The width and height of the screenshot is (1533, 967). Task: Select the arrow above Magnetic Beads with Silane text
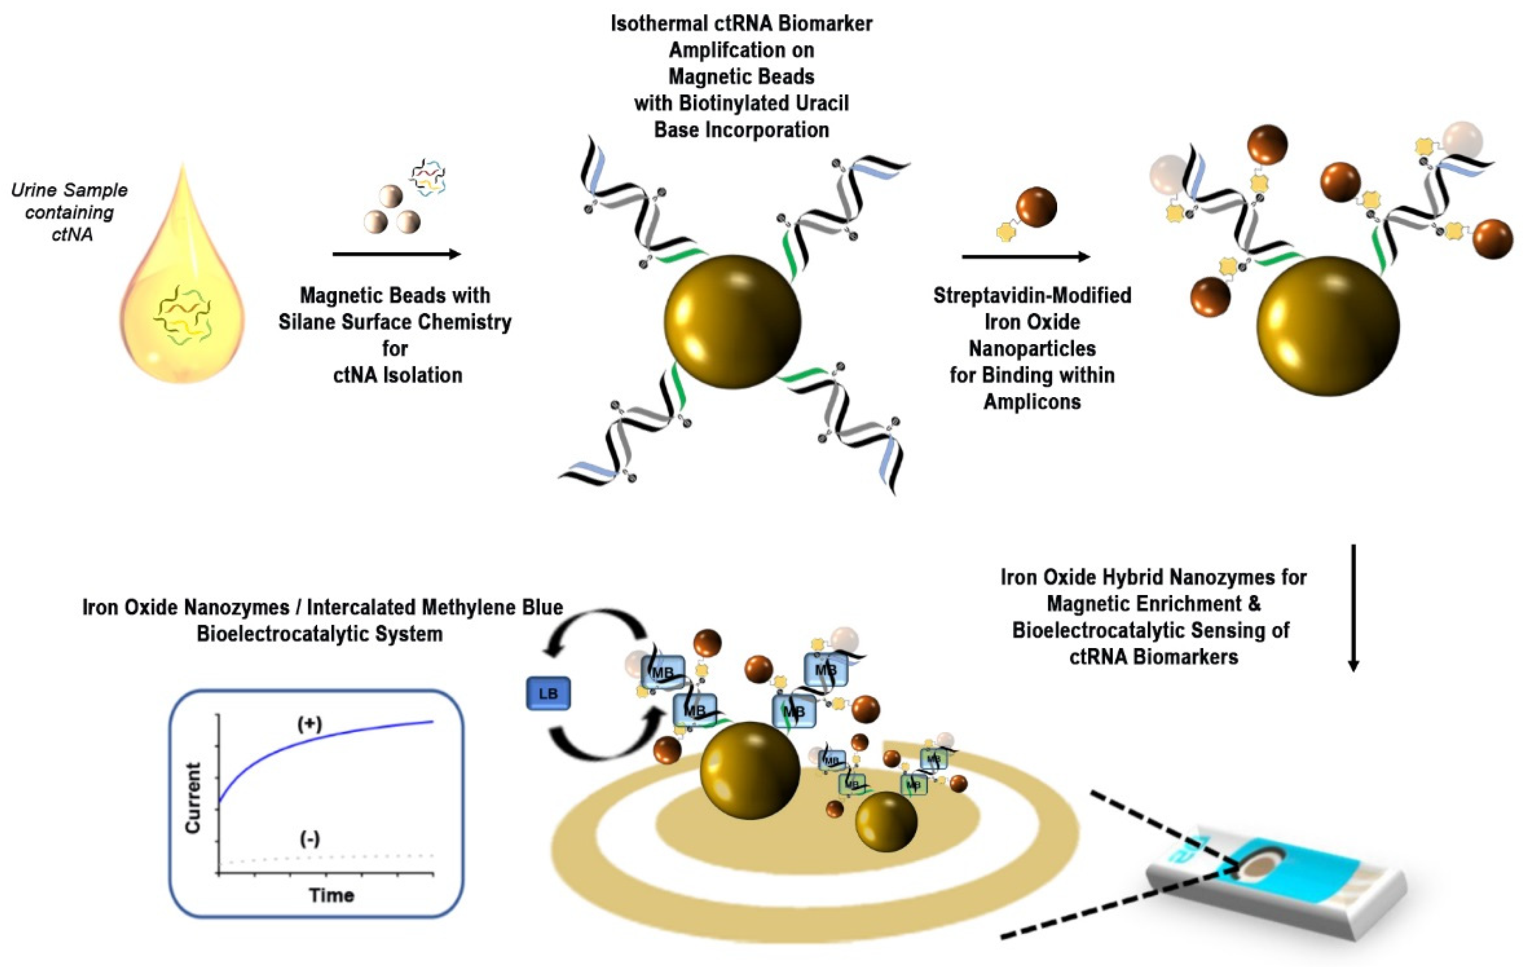[x=396, y=255]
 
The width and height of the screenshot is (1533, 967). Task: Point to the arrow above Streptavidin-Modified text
[x=1025, y=257]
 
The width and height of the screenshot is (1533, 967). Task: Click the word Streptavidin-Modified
[x=1032, y=295]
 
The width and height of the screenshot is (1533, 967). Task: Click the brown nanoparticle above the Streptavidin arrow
[x=1036, y=207]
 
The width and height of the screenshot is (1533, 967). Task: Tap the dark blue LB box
[x=548, y=694]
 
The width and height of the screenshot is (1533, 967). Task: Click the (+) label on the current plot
[x=310, y=724]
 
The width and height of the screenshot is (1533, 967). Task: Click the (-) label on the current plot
[x=310, y=839]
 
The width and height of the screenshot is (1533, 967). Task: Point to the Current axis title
[x=192, y=798]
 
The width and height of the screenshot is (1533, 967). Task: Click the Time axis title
[x=331, y=895]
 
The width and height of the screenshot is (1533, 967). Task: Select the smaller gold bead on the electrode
[x=885, y=821]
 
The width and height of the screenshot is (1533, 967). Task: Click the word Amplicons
[x=1032, y=402]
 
